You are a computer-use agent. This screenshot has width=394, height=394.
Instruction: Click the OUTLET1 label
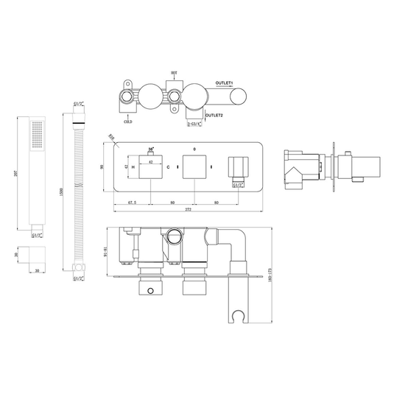(x=225, y=83)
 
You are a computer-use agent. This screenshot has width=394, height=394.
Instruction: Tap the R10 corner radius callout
(x=112, y=136)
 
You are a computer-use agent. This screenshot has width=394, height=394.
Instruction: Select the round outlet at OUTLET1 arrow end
(x=241, y=95)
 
